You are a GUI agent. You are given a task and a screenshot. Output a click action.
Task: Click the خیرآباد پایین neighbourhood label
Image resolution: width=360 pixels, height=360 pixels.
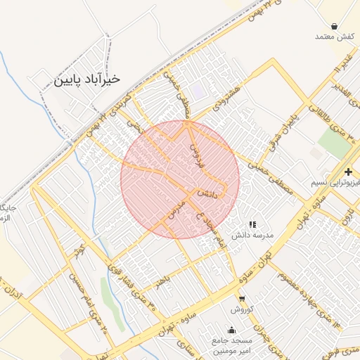(x=87, y=79)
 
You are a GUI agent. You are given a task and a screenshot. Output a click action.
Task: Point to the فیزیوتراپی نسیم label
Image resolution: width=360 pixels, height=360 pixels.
(x=335, y=183)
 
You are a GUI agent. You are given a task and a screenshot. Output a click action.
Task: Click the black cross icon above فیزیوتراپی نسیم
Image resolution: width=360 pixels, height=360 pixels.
(x=349, y=172)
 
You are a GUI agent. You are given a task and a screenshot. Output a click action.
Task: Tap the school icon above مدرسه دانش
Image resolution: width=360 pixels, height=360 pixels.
(x=252, y=224)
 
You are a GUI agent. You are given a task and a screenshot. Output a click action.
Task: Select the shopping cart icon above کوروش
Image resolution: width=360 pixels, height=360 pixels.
(x=242, y=299)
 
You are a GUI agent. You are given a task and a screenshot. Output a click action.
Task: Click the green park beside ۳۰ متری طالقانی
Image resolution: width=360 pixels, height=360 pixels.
(x=333, y=141)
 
